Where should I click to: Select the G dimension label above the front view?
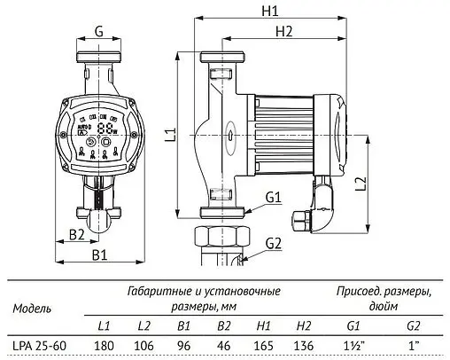coord(99,32)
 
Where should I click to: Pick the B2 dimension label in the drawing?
coord(76,234)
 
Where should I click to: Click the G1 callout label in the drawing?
coord(272,197)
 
